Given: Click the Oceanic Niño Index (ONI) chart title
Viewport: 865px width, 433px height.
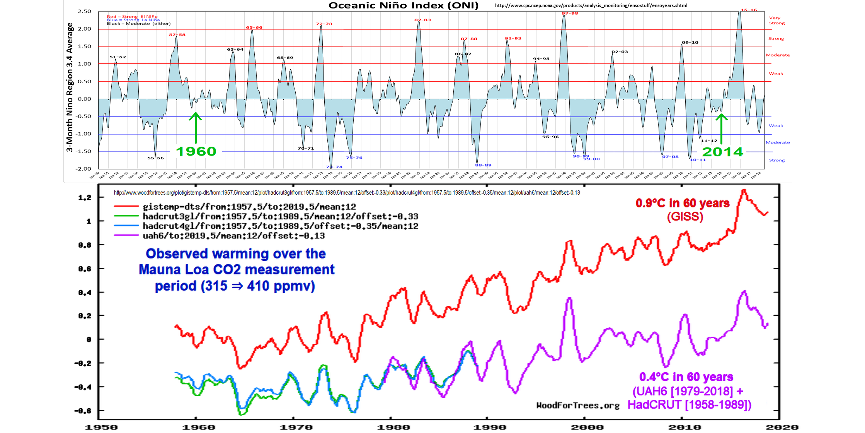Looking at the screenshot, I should click(x=404, y=5).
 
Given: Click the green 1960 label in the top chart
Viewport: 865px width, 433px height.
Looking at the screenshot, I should click(x=196, y=151).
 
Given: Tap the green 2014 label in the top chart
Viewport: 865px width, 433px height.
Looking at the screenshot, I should click(x=722, y=152).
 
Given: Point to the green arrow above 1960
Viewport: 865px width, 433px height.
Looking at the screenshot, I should click(x=196, y=128).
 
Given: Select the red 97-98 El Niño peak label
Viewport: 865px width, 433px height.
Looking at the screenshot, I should click(x=570, y=14).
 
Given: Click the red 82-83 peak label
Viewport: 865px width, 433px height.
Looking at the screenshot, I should click(x=422, y=20).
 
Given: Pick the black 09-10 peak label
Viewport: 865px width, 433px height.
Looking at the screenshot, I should click(x=690, y=43).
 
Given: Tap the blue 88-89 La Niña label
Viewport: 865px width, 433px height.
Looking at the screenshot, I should click(x=483, y=165).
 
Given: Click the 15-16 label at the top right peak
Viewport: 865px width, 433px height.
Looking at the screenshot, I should click(x=749, y=10).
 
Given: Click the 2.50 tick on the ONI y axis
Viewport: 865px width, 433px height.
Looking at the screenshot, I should click(x=84, y=11).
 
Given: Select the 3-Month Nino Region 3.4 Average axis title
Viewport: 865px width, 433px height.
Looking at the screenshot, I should click(x=70, y=87).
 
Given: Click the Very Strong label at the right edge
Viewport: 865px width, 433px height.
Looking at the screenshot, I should click(x=776, y=21).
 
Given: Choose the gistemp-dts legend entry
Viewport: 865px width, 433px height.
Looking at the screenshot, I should click(x=249, y=207).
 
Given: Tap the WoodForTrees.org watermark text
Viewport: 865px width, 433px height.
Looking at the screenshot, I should click(x=577, y=406).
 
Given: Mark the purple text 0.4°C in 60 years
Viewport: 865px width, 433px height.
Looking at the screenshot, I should click(x=686, y=377).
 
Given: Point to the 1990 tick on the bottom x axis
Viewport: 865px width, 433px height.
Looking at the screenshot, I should click(x=489, y=427).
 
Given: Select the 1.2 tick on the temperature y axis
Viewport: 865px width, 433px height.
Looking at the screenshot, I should click(x=85, y=198).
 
